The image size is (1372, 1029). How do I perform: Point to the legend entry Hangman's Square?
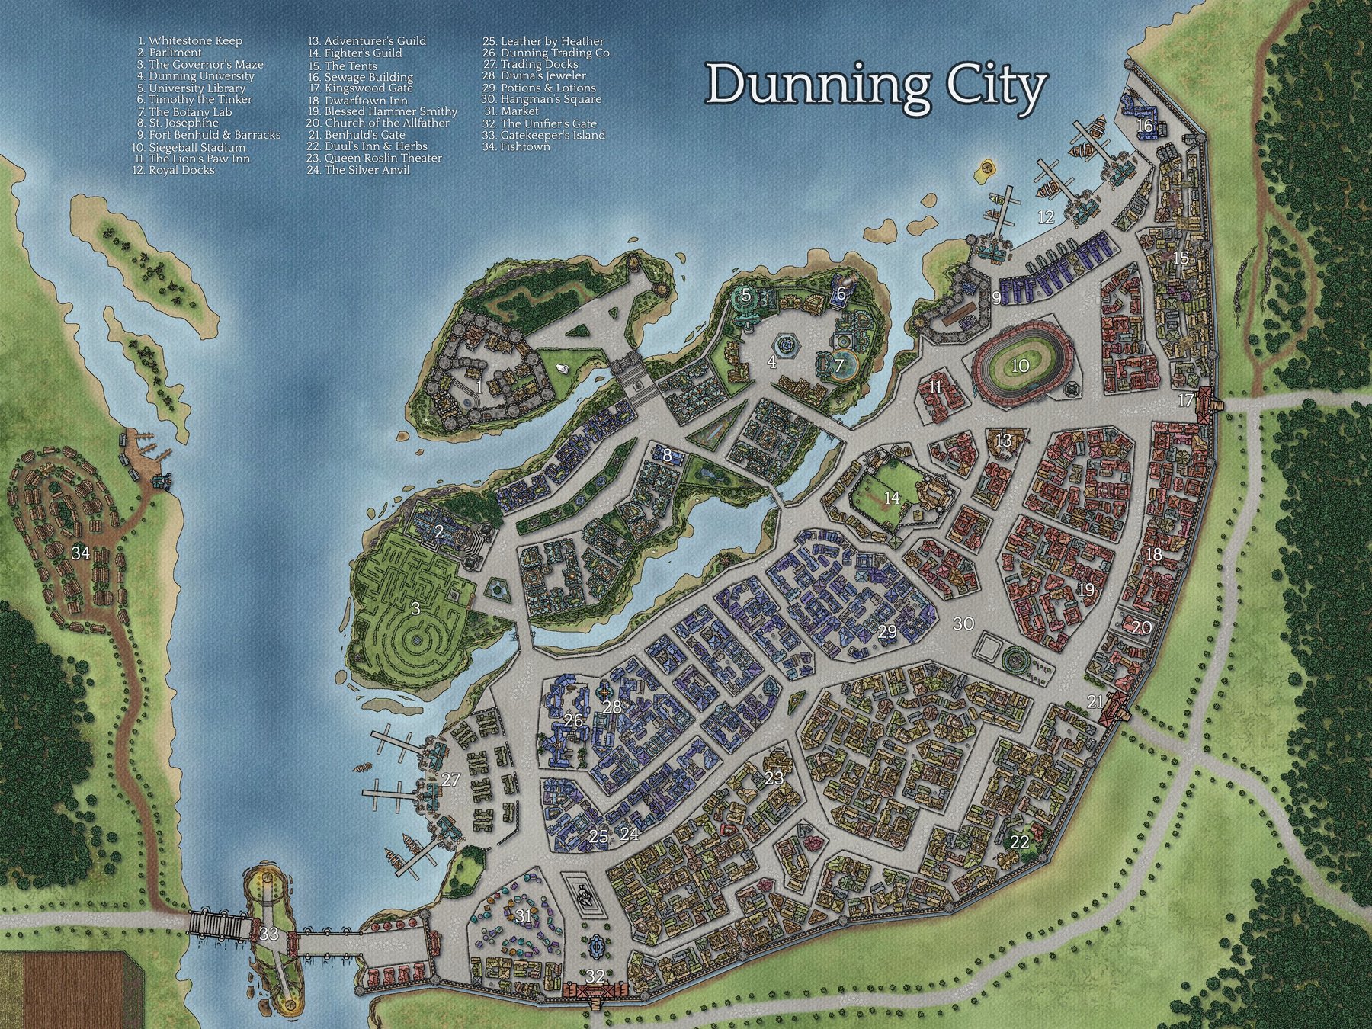coord(541,99)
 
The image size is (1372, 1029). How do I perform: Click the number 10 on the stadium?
coord(1020,366)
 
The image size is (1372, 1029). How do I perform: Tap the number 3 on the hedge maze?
coord(415,608)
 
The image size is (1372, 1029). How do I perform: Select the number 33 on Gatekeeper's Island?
coord(268,933)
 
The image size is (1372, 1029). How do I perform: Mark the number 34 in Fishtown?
coord(81,553)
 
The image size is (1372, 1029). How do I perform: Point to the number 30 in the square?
coord(963,623)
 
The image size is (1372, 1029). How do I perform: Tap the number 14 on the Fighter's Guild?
coord(892,498)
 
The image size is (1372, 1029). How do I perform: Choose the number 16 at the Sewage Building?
coord(1145,125)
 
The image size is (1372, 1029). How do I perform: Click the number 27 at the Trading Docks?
coord(451,779)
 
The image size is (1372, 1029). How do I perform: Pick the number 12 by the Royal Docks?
coord(1046,217)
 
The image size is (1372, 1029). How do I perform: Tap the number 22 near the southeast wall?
coord(1019,842)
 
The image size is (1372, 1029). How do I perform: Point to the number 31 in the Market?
coord(522,916)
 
